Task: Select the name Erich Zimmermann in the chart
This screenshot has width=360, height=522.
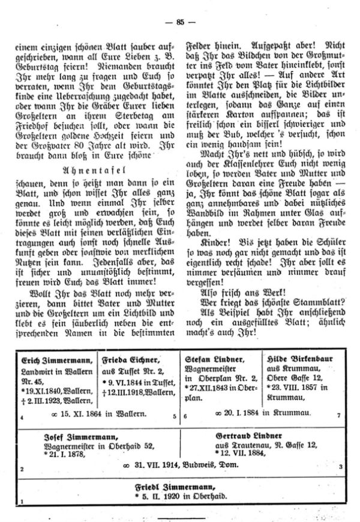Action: [x=51, y=360]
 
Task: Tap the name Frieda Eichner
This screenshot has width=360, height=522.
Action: [x=132, y=359]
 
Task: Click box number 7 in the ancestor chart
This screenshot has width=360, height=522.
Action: [x=339, y=416]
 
